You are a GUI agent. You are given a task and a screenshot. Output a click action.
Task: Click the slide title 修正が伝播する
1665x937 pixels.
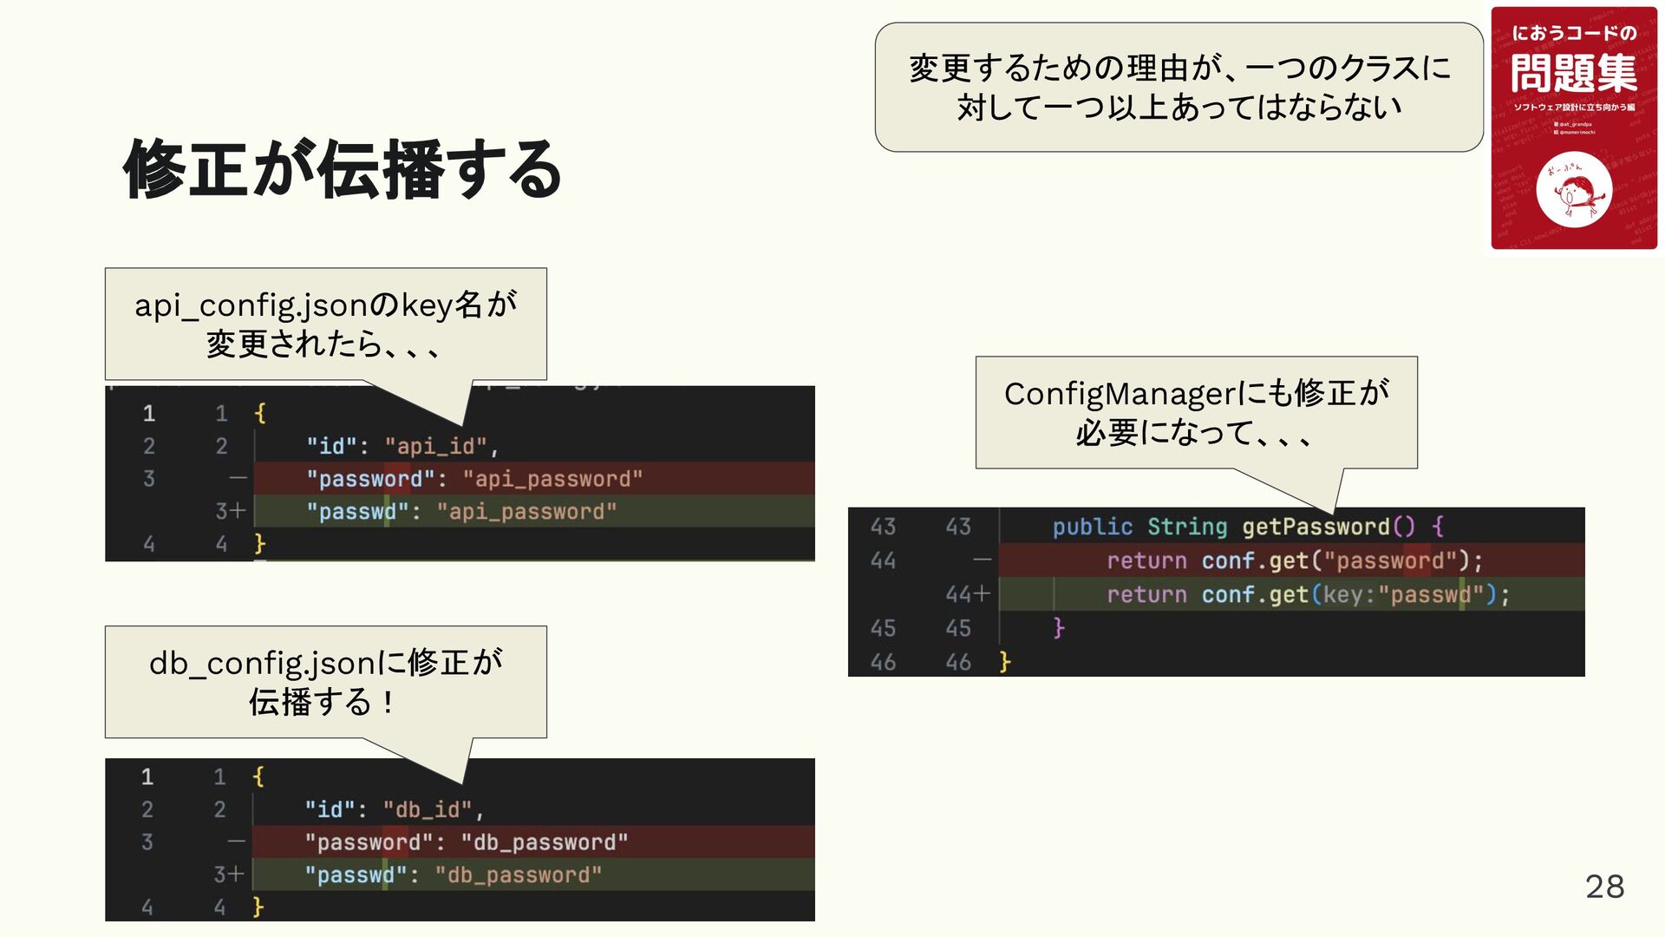[x=343, y=169]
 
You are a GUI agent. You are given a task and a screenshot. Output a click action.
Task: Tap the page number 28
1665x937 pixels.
[x=1604, y=887]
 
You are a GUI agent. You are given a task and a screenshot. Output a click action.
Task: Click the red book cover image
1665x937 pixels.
[x=1573, y=128]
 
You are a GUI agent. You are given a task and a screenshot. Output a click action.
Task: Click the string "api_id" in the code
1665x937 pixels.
[x=436, y=447]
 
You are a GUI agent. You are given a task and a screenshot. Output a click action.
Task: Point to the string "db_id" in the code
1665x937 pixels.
[x=428, y=810]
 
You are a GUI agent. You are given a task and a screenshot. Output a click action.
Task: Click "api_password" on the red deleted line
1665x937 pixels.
[x=552, y=479]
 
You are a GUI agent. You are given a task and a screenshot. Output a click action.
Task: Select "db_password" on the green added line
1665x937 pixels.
[x=519, y=875]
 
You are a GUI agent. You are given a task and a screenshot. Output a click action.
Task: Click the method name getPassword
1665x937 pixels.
[x=1316, y=527]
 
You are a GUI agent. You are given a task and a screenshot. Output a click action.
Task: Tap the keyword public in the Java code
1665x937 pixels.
[x=1092, y=527]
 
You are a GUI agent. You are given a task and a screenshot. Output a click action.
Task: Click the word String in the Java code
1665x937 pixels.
[x=1187, y=527]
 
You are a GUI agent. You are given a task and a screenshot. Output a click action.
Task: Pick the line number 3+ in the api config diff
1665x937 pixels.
[x=230, y=512]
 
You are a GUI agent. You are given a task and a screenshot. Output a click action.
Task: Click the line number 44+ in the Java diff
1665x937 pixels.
[x=967, y=594]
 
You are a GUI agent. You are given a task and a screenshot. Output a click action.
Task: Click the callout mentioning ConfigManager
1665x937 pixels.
[x=1196, y=413]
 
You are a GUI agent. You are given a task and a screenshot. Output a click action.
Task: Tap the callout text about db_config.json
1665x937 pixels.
[x=325, y=682]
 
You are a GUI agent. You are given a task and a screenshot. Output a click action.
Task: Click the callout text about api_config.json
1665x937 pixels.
[x=325, y=324]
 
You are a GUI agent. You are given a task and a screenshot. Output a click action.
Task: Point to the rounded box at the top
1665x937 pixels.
[x=1179, y=88]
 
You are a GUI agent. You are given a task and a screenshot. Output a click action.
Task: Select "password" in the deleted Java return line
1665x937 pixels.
[x=1390, y=560]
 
